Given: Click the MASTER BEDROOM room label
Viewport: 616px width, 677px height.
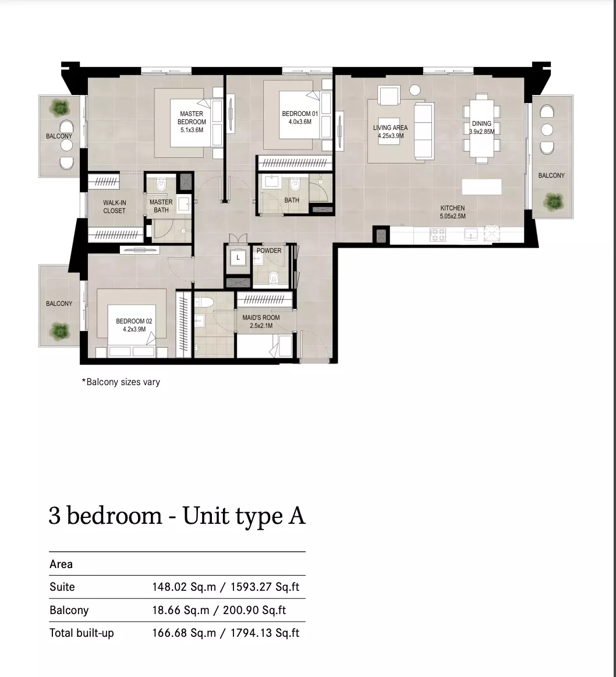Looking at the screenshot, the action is point(192,118).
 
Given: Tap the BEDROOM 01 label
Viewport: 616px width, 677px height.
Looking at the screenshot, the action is point(300,114).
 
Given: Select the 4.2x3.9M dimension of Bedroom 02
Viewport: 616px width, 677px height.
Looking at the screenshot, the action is point(134,329).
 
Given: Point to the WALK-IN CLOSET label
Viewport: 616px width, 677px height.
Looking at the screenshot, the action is point(114,206).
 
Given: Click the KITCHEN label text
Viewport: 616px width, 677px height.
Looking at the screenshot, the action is point(452,208).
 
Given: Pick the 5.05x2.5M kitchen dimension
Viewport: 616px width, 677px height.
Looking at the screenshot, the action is point(452,216).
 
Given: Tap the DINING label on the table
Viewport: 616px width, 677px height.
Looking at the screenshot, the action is point(482,124).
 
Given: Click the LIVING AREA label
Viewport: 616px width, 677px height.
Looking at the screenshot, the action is point(391,128).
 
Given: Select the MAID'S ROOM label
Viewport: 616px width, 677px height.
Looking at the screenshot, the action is point(261,318).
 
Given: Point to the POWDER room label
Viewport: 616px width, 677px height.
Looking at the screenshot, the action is point(269,251).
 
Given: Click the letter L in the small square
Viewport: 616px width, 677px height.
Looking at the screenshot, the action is point(238,258).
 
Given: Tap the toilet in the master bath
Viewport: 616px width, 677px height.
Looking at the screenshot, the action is point(161,184).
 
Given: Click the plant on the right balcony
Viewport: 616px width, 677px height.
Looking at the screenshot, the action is point(553,201).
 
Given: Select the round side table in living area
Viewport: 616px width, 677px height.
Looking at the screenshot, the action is point(415,90).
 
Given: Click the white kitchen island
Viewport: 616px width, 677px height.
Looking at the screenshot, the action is point(482,186).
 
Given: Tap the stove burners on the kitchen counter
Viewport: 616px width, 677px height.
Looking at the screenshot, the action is point(438,235).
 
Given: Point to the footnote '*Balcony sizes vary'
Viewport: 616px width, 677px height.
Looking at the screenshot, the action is point(121,382).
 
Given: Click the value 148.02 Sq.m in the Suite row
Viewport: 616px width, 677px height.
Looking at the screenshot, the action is point(184,587).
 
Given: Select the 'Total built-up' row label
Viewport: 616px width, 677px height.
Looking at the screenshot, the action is point(82,633).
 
